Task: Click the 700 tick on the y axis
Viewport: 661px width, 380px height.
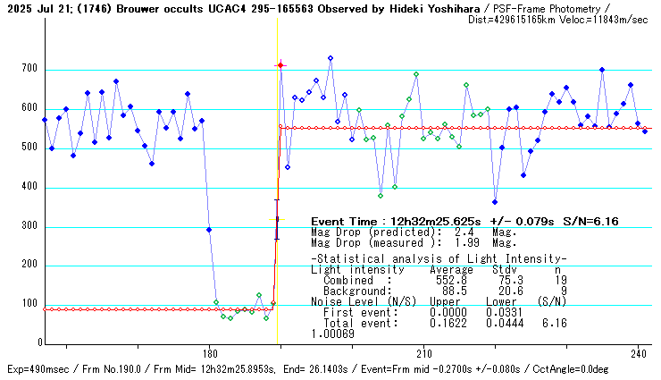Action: pos(29,70)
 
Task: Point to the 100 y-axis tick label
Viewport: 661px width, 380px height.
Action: pos(29,305)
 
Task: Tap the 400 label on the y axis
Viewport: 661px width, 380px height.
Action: pos(29,188)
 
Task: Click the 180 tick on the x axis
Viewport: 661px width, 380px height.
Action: pos(210,352)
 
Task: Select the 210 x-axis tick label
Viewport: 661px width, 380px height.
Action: pos(424,352)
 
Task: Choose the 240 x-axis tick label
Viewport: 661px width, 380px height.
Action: pos(638,352)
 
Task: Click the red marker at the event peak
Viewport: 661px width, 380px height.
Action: pos(280,65)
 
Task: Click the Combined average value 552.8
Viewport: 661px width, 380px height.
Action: pos(451,280)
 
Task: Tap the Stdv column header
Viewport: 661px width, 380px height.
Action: pos(503,269)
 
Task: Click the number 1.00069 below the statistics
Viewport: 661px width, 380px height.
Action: pos(332,334)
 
